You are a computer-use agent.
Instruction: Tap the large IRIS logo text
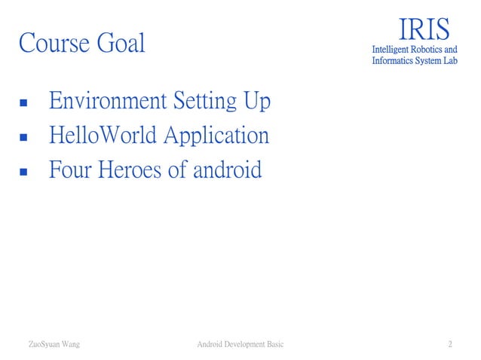coord(424,29)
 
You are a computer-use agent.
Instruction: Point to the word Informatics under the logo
coord(395,61)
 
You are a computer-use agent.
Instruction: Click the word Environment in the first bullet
coord(109,101)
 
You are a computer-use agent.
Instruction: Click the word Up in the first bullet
coord(256,101)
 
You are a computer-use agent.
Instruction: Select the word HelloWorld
coord(103,136)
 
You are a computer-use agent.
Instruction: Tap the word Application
coord(216,137)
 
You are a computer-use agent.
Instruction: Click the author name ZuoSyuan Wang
coord(54,345)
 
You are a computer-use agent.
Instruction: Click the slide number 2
coord(450,345)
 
